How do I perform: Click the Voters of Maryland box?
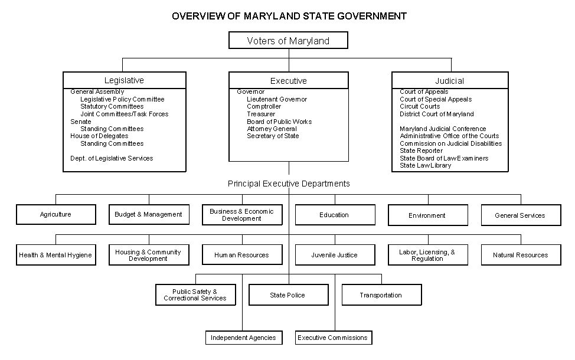288,41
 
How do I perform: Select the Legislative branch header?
124,80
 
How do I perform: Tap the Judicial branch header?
449,81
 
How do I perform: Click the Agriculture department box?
55,215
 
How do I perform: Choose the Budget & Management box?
149,215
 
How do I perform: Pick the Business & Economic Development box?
241,215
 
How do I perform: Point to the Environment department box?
427,215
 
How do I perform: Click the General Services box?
520,215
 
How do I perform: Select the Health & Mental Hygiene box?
55,255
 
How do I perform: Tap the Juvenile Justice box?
335,255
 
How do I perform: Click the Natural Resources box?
520,255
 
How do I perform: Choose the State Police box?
287,295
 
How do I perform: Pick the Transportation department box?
381,295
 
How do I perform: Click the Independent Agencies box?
243,338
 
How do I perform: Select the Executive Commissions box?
333,338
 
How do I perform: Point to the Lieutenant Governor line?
277,100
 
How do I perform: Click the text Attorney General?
272,129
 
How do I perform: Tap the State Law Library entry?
425,166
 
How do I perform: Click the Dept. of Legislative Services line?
112,158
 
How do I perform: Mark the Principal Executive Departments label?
289,184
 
